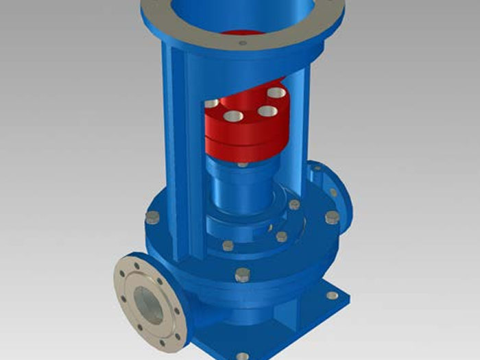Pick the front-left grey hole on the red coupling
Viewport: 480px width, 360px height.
(233, 116)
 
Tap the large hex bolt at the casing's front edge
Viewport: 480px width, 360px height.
(241, 275)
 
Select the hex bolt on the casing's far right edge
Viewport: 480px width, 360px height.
(332, 217)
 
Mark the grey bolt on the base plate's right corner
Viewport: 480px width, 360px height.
(332, 295)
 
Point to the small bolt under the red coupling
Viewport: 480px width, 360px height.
(242, 164)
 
